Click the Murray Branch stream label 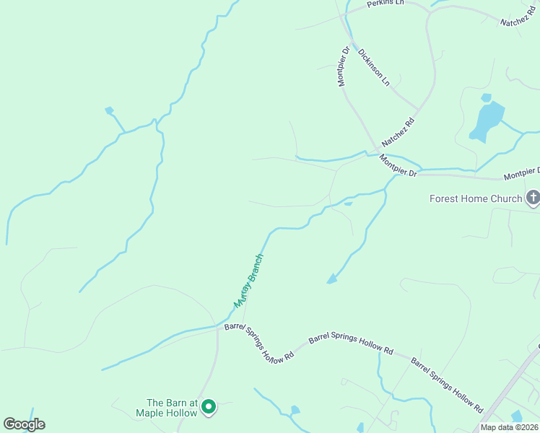pos(248,281)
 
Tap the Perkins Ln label pos(383,4)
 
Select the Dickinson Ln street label pos(374,69)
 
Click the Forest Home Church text pos(475,198)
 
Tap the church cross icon pos(533,197)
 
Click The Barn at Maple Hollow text pos(171,408)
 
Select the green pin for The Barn pos(209,408)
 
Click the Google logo pos(24,424)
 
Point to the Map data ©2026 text pos(509,427)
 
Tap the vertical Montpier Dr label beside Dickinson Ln pos(344,66)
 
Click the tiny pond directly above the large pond pos(486,97)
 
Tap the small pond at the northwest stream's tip pos(109,110)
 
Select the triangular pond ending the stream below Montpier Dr pos(331,279)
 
